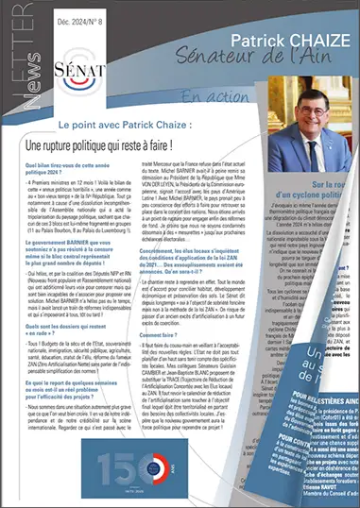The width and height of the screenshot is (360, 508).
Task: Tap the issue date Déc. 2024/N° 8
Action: (86, 15)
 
